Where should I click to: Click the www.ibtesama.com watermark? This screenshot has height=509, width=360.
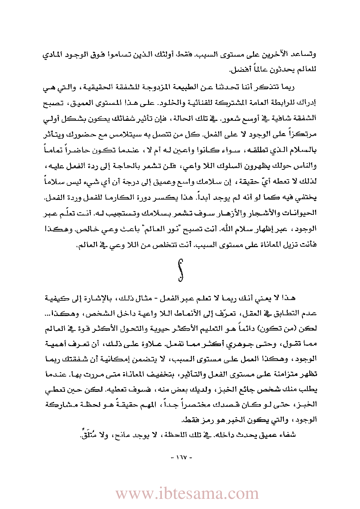click(x=187, y=493)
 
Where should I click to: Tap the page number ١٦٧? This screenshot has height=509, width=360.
click(x=180, y=457)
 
